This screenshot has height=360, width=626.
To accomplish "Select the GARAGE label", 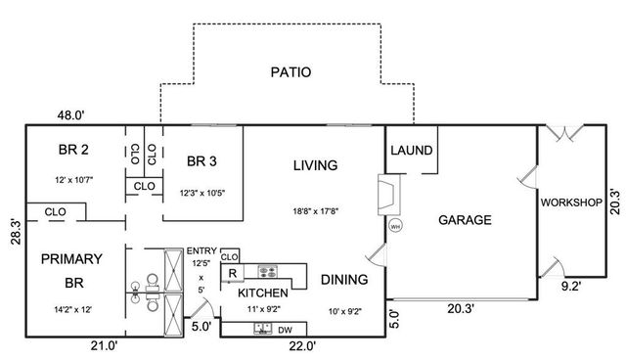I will click(464, 220).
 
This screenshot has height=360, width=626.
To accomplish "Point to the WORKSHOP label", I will click(569, 203).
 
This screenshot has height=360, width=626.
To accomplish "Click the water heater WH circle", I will click(395, 225).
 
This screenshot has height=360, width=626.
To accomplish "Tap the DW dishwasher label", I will click(285, 330).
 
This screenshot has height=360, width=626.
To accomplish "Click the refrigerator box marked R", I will click(233, 274).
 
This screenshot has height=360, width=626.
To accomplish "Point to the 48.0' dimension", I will click(69, 115).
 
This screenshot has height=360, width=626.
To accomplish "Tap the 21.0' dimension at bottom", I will click(104, 345).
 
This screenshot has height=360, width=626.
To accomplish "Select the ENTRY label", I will click(202, 251).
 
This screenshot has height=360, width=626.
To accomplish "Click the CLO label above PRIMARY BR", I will click(55, 210).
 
